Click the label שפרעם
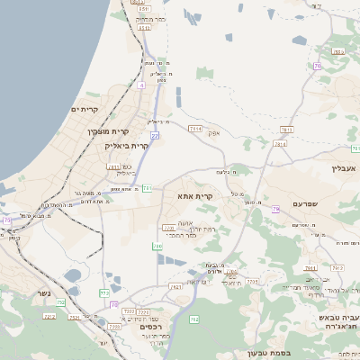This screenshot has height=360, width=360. coord(305,204)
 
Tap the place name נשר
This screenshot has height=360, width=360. coord(44,293)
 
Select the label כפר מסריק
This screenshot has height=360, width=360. coord(149,18)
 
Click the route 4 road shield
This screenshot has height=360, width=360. coord(141,86)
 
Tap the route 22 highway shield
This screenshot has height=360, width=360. coord(155,135)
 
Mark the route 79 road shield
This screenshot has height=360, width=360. coord(7,220)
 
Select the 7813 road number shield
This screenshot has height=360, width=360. coord(280,143)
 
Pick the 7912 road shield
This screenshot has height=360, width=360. coord(338,267)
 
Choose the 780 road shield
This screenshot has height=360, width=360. coord(157,245)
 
